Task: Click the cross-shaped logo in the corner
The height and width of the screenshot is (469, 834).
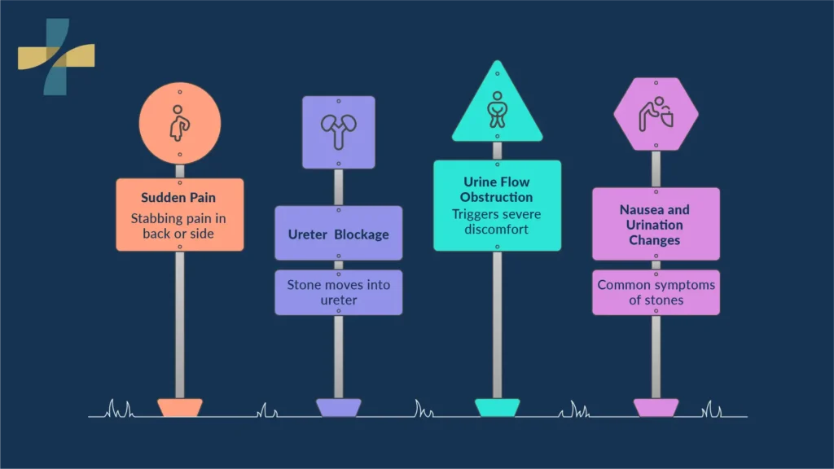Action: [x=56, y=57]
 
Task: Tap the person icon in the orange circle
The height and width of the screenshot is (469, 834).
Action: [x=179, y=124]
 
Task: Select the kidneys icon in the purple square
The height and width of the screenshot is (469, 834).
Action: [x=338, y=131]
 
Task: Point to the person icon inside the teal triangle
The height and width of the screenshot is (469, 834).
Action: [x=498, y=110]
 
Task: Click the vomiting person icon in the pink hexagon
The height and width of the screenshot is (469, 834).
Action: [x=656, y=114]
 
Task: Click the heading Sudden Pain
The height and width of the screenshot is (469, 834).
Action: [x=178, y=198]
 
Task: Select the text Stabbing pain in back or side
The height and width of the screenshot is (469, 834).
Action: [x=178, y=226]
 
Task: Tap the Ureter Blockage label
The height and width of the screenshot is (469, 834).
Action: [x=338, y=234]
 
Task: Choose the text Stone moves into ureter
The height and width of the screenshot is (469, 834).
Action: [x=339, y=292]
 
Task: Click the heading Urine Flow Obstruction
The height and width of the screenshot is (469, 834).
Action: [x=496, y=189]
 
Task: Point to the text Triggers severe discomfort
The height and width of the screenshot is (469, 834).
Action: [x=496, y=221]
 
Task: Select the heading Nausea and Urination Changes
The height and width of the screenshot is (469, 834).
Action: [x=655, y=225]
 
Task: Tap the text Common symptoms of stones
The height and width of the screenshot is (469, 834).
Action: [x=656, y=292]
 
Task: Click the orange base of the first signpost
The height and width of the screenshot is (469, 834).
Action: [x=180, y=408]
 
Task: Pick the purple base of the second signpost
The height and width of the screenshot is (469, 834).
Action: [x=338, y=408]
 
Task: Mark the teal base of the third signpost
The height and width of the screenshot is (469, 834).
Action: [x=498, y=408]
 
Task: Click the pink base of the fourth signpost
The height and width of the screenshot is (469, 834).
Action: [x=656, y=408]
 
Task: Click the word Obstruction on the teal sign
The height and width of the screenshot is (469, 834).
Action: [x=496, y=197]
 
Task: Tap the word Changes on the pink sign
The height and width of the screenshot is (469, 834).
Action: [x=655, y=240]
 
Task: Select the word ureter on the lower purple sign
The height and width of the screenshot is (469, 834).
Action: [x=339, y=300]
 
